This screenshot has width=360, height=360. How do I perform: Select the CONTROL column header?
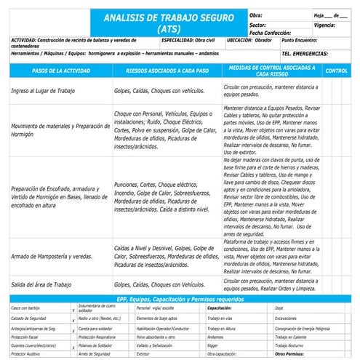(x=335, y=71)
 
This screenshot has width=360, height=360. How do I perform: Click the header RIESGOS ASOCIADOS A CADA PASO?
(x=167, y=71)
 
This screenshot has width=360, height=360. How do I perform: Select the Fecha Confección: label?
(x=271, y=33)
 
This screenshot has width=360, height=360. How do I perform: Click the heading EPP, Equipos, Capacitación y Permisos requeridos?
(x=180, y=298)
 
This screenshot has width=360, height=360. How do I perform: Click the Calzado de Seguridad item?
(x=29, y=319)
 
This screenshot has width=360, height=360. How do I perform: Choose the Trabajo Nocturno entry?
(x=292, y=345)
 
